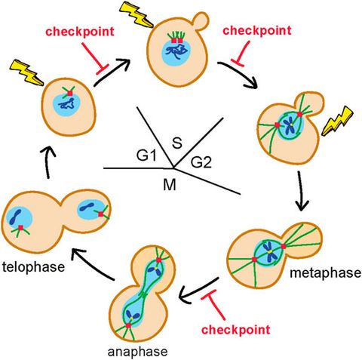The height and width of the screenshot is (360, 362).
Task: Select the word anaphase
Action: [135, 351]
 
